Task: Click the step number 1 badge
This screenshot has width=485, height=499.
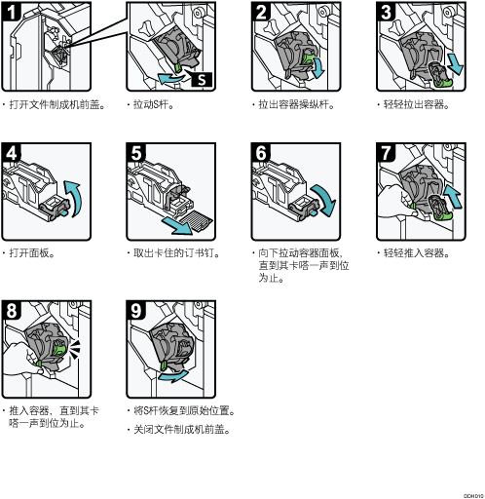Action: (11, 11)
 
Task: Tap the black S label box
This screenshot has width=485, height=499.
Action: (202, 79)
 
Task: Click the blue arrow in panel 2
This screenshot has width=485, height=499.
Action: (318, 67)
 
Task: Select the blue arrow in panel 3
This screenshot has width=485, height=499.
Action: (455, 63)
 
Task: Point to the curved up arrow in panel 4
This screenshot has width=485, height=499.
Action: (75, 198)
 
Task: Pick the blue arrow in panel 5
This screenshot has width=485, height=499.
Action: (177, 226)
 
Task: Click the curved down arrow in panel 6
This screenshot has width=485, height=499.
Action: (325, 199)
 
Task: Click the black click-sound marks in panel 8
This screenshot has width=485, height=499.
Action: (75, 350)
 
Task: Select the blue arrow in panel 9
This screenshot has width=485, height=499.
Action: (173, 376)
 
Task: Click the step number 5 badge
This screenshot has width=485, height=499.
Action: (135, 152)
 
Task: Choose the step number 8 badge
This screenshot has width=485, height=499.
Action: (11, 310)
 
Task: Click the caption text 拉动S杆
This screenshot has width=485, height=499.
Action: (151, 104)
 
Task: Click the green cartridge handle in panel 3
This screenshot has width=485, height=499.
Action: (444, 84)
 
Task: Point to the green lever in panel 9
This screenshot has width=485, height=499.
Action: (164, 365)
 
